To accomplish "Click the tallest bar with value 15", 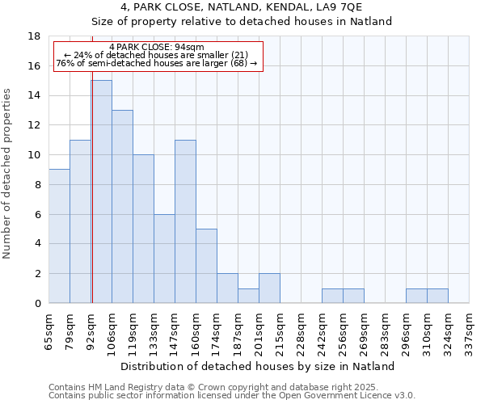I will [x=101, y=191].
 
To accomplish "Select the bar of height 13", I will [x=122, y=206].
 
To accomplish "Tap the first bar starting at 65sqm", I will [x=59, y=236].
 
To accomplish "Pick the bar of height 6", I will [x=164, y=259].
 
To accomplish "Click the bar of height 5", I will [x=206, y=266].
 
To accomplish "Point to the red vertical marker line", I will [x=92, y=202].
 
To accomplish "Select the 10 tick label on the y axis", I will [x=34, y=155].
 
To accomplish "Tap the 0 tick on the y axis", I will [x=37, y=304].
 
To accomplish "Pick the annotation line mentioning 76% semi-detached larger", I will [x=157, y=63].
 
